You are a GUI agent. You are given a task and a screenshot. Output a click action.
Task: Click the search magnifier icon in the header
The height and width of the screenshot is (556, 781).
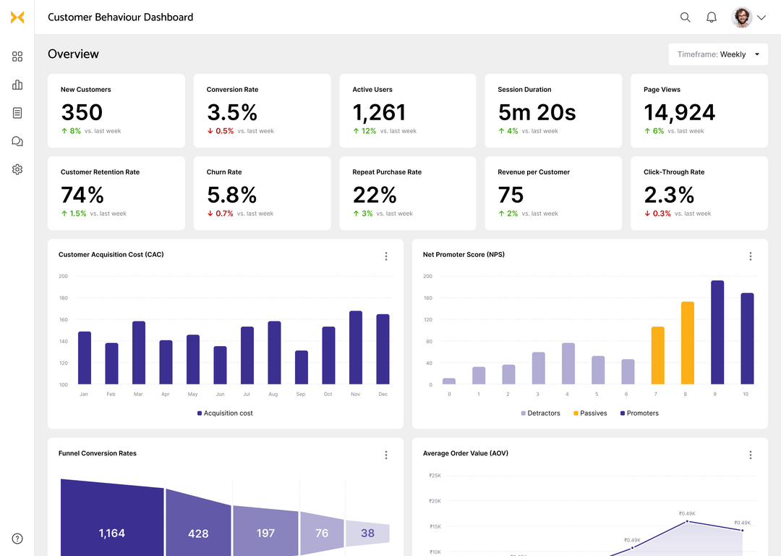pos(686,17)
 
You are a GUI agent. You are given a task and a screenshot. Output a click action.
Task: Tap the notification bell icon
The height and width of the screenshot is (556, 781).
pos(712,17)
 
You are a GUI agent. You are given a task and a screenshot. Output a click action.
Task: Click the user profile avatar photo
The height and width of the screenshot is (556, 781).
pos(742,17)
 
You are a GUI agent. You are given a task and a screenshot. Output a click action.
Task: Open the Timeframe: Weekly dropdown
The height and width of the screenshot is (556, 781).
pos(718,54)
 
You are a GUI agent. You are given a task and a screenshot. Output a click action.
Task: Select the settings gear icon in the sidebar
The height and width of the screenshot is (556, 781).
pos(17,169)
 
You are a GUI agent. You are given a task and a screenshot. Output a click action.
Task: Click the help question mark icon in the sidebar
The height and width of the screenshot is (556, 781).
pos(17,539)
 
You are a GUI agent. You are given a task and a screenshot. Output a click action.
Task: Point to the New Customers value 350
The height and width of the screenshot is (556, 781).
pos(82,112)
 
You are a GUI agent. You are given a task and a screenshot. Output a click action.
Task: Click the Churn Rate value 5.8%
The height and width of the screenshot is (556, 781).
pos(231,195)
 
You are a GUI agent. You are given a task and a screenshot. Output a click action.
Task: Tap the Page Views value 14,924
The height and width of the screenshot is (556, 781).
pos(679,112)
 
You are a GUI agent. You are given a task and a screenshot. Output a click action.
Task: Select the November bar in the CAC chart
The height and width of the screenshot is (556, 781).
pos(356,347)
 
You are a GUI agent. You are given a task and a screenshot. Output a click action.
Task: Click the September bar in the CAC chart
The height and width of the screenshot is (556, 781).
pos(302,367)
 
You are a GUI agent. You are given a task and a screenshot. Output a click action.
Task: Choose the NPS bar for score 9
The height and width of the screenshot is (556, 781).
pos(717,332)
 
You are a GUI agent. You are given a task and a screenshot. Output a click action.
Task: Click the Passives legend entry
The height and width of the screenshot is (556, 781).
pos(590,413)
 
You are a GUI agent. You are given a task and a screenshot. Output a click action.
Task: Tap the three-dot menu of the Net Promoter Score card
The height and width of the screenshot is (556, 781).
pos(750,256)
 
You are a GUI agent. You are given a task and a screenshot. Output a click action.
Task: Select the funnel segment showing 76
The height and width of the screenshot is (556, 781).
pos(322,533)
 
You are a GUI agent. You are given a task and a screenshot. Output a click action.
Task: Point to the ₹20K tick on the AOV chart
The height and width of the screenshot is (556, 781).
pos(435,501)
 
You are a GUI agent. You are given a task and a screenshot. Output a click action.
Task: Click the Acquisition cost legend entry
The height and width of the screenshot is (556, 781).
pos(225,413)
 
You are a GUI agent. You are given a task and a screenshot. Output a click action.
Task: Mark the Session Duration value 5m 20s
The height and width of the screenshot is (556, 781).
pos(537,112)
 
